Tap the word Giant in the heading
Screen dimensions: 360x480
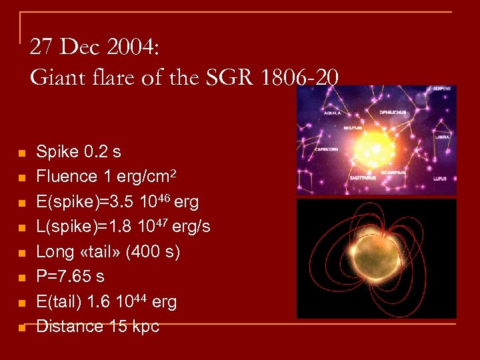(54, 77)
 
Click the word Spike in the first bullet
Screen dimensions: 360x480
(55, 152)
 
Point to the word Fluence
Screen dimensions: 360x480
(67, 177)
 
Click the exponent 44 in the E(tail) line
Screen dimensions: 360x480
(140, 298)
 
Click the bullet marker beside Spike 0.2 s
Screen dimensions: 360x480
(21, 153)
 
